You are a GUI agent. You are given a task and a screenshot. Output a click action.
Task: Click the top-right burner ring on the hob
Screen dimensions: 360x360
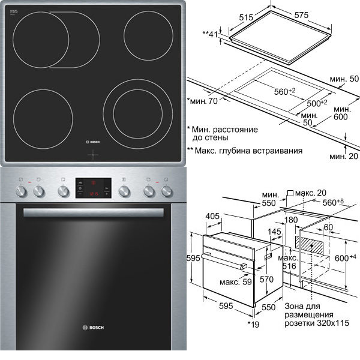click(x=146, y=34)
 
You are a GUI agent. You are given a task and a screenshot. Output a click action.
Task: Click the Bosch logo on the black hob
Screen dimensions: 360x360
click(x=95, y=142)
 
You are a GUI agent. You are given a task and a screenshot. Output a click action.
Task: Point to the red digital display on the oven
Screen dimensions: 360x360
click(x=90, y=187)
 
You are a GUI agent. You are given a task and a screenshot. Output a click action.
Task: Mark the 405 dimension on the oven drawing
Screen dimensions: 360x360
click(x=211, y=215)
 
